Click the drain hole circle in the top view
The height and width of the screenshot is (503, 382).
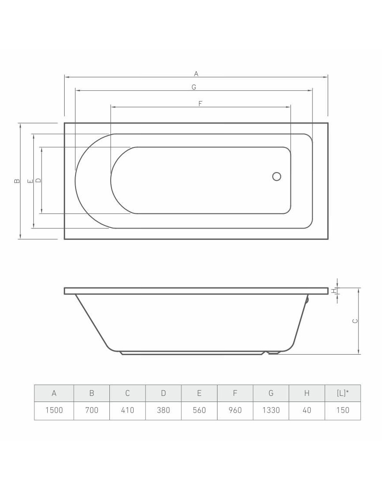point(277,176)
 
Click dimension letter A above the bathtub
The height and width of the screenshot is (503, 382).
point(196,74)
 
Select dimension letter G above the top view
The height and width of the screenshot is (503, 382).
point(194,87)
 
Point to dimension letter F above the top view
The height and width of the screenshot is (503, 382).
point(200,103)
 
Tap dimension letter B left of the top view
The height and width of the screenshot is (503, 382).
point(16,181)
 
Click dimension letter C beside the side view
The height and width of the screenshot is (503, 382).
point(355,321)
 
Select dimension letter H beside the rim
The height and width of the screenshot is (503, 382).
point(334,291)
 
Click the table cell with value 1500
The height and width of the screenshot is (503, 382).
point(54,410)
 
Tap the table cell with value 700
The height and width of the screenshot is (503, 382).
point(92,410)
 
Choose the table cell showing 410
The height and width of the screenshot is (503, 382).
point(128,410)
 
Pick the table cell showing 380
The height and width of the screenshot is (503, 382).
point(163,410)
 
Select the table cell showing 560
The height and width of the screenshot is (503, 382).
point(199,410)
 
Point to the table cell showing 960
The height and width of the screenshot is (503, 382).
point(235,410)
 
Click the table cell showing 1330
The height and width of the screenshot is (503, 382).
point(271,410)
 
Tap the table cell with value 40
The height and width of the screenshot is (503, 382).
point(306,410)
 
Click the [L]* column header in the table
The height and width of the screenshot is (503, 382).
point(342,393)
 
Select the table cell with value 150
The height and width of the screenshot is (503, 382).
point(342,410)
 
